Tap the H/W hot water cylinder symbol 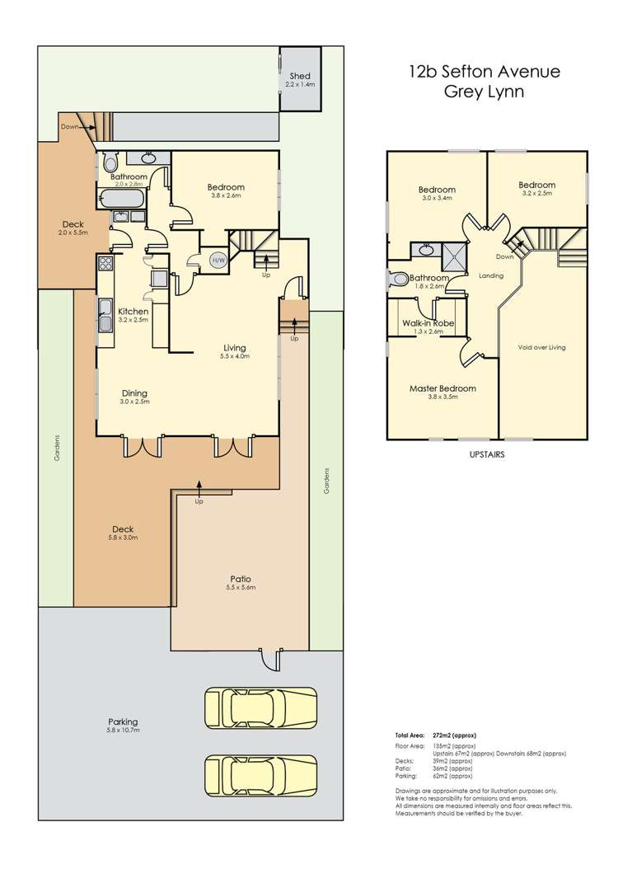tap(218, 261)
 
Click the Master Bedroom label tap(442, 388)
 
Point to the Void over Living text tap(541, 347)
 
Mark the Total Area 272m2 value tap(461, 735)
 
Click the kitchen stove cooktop tap(105, 265)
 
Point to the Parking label tap(122, 721)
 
